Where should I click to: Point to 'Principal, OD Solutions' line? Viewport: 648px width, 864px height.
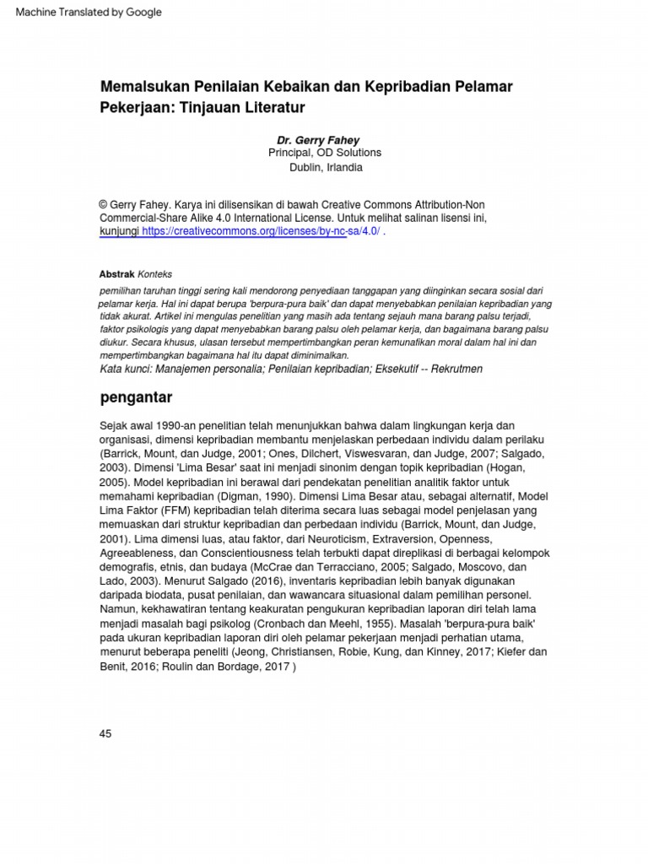324,153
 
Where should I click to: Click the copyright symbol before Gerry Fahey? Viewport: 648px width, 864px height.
105,205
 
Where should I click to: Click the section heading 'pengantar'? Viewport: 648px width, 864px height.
136,397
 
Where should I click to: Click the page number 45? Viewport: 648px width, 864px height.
105,734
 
